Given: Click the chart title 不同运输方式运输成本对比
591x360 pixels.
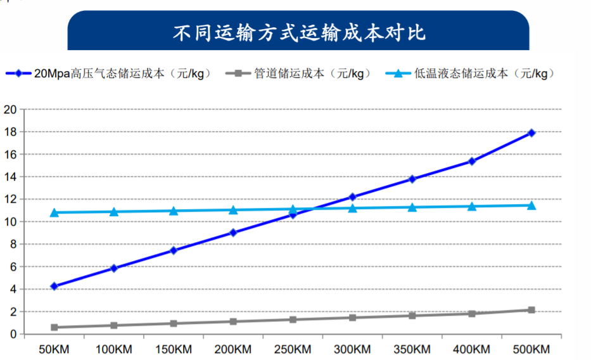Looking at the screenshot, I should pyautogui.click(x=298, y=32).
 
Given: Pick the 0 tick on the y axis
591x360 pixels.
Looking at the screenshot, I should pyautogui.click(x=12, y=334).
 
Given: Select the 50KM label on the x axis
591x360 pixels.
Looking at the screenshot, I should pyautogui.click(x=54, y=349).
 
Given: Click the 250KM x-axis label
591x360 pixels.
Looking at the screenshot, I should pyautogui.click(x=293, y=349).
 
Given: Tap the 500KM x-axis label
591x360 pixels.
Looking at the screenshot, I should pyautogui.click(x=531, y=349).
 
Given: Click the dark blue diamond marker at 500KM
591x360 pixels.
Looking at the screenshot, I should pyautogui.click(x=531, y=132).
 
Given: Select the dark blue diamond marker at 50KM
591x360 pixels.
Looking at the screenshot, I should pyautogui.click(x=54, y=286).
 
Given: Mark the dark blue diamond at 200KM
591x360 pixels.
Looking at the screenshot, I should pyautogui.click(x=233, y=233).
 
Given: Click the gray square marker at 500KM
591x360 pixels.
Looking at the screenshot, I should pyautogui.click(x=531, y=310).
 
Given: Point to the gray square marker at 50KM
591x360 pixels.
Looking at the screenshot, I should pyautogui.click(x=54, y=327).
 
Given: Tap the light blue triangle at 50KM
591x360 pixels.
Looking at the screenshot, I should pyautogui.click(x=54, y=212).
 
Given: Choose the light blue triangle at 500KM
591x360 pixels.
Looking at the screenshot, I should pyautogui.click(x=531, y=205).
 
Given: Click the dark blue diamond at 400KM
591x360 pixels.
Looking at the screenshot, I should pyautogui.click(x=472, y=161).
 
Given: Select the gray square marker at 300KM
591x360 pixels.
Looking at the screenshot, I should pyautogui.click(x=353, y=317).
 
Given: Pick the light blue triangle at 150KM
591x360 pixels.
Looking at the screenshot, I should pyautogui.click(x=174, y=210).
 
